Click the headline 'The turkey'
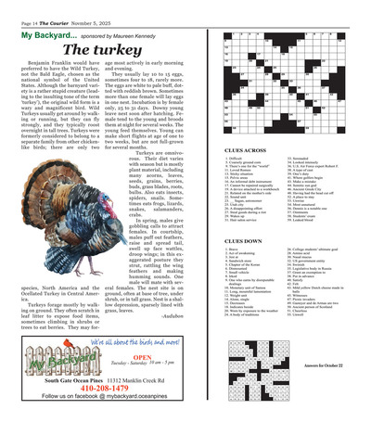pyautogui.click(x=102, y=49)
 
